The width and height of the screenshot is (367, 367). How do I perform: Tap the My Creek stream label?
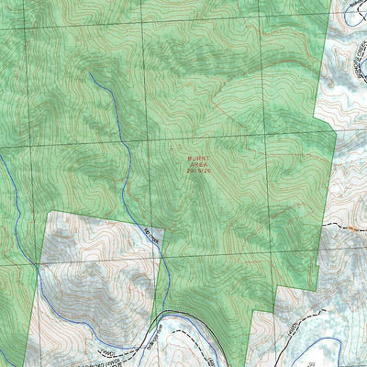(x=151, y=235)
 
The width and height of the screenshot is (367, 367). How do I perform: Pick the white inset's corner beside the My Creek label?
(x=163, y=228)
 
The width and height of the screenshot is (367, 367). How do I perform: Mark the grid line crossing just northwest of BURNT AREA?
(x=137, y=142)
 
